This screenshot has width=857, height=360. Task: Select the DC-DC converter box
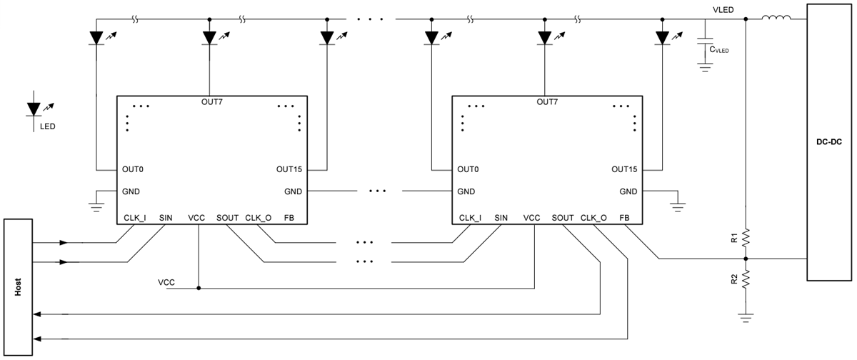tap(828, 143)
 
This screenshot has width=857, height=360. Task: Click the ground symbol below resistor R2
tap(746, 317)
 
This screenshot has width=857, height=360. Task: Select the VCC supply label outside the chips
tap(167, 283)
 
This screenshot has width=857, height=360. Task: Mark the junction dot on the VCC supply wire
tap(199, 289)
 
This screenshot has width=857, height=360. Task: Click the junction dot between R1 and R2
tap(746, 258)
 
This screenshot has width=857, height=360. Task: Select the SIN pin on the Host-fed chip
tap(166, 217)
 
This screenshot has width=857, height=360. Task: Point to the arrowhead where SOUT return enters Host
tap(39, 314)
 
